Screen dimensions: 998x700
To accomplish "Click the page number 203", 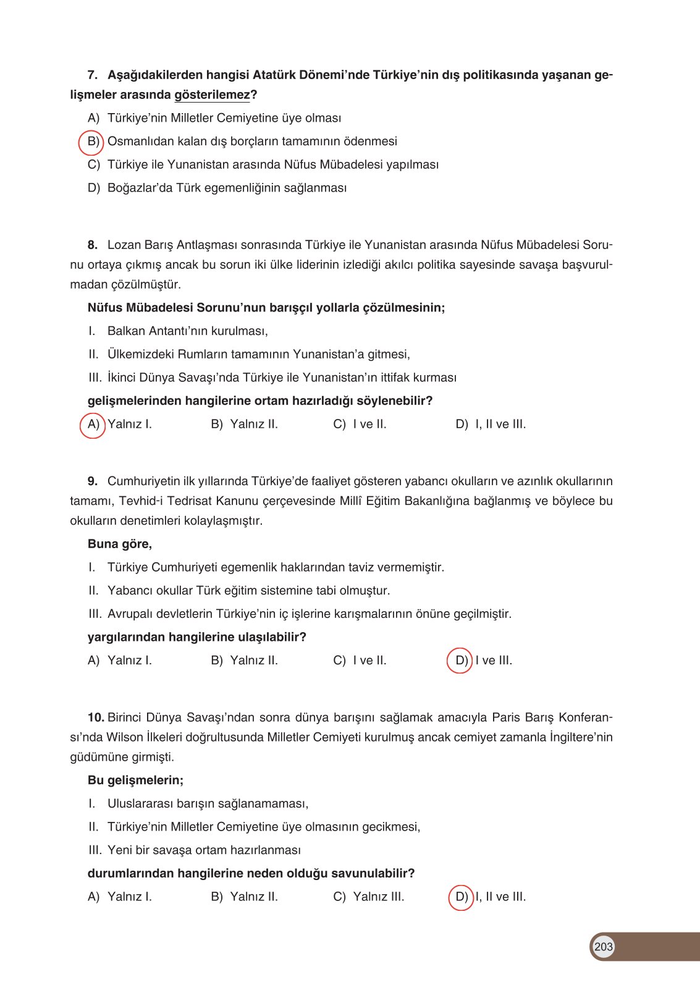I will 603,947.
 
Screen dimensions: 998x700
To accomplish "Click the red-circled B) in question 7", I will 91,142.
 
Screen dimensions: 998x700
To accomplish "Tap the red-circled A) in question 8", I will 93,425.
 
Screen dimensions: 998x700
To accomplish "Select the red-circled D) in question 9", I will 460,661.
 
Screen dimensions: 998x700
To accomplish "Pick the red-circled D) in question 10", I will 461,897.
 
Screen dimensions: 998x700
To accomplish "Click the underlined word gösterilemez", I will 212,95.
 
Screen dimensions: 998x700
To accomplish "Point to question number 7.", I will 93,75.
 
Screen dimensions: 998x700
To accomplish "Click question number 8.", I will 93,245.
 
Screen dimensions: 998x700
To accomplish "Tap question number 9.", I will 93,481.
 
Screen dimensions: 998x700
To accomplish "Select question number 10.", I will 96,718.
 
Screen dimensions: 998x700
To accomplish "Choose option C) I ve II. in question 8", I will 360,425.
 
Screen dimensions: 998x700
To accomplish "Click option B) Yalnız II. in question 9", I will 244,661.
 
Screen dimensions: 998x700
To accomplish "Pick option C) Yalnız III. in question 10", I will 368,897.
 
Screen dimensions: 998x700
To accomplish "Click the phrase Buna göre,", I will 120,544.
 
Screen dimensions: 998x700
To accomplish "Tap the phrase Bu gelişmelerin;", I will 135,780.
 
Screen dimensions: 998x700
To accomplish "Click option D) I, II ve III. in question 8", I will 491,425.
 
